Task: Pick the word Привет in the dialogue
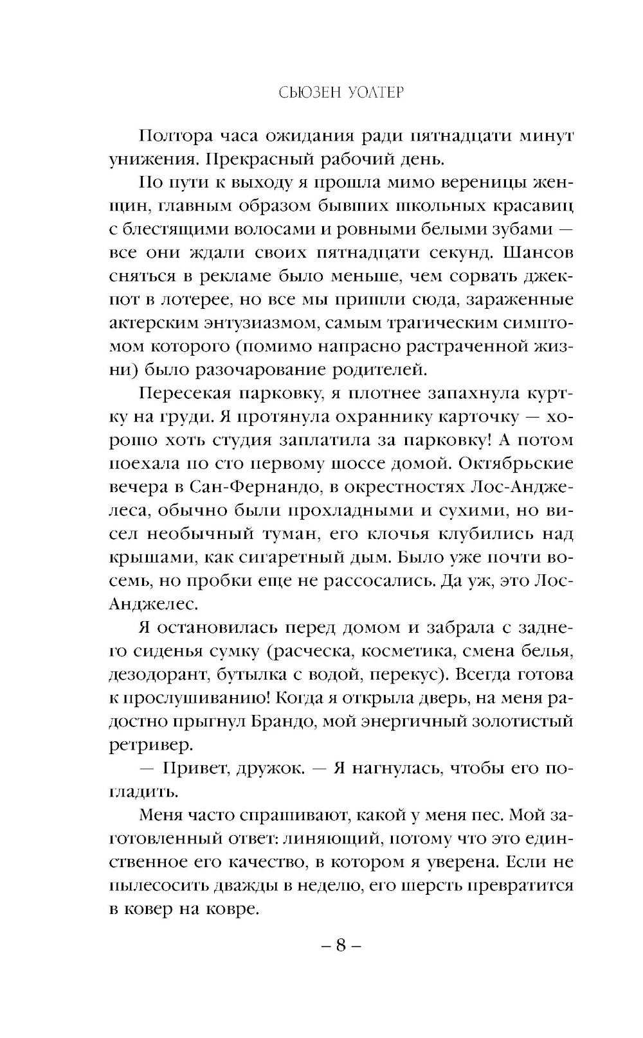click(201, 768)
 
